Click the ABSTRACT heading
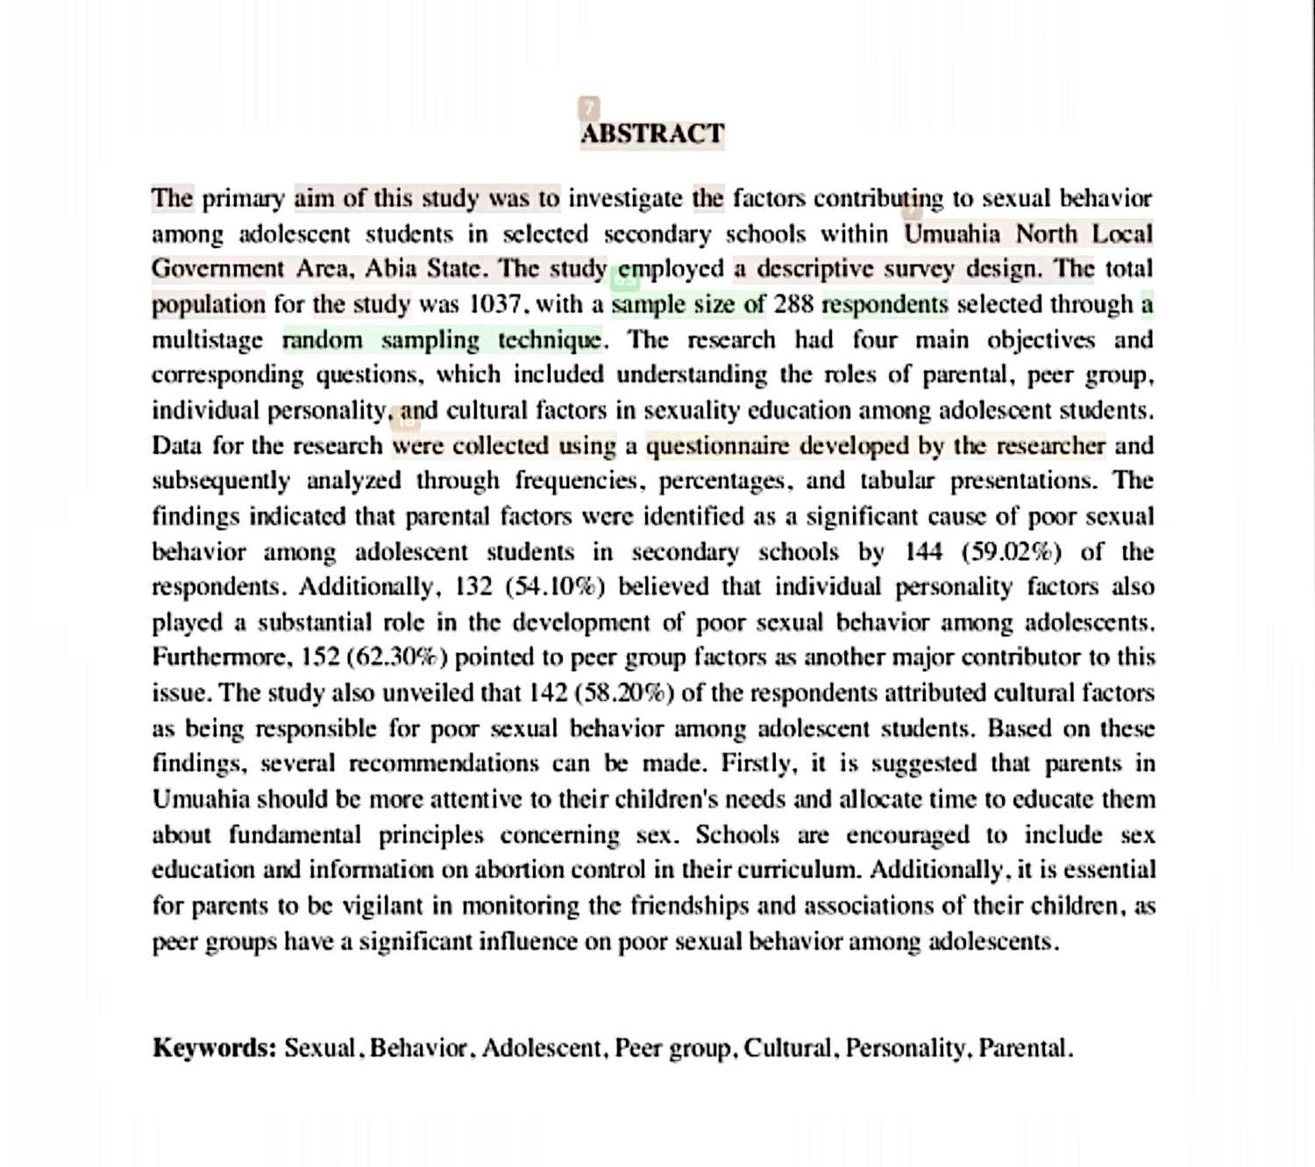click(652, 134)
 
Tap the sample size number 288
click(793, 305)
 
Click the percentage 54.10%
click(555, 587)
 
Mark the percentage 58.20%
click(624, 693)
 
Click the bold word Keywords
click(215, 1048)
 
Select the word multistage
click(207, 341)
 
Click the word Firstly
click(758, 764)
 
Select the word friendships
click(686, 906)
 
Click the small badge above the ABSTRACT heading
click(589, 108)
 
